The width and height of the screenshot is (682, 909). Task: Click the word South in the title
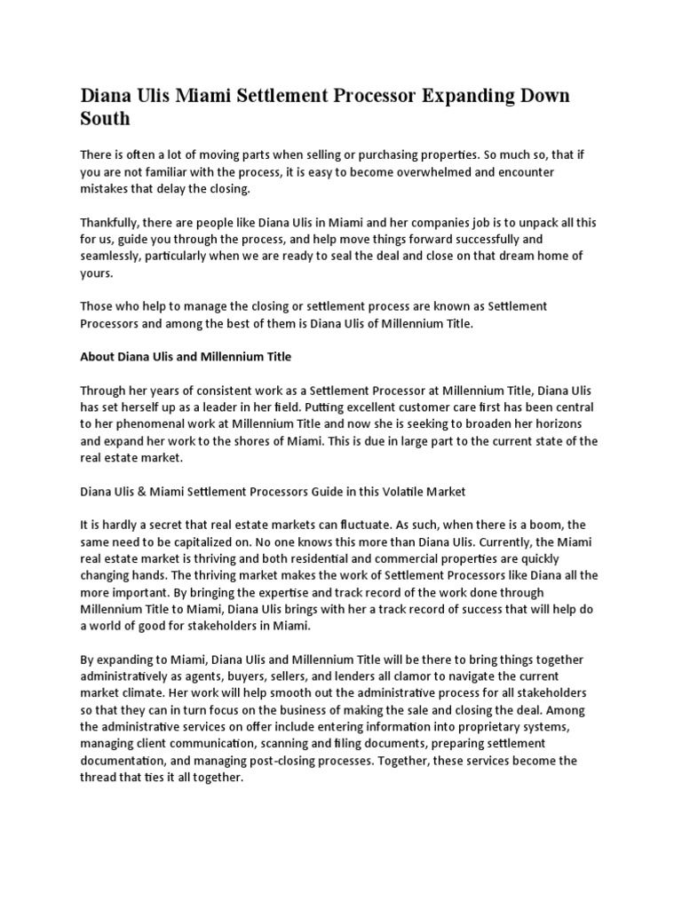106,117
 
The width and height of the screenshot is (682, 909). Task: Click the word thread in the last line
100,778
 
